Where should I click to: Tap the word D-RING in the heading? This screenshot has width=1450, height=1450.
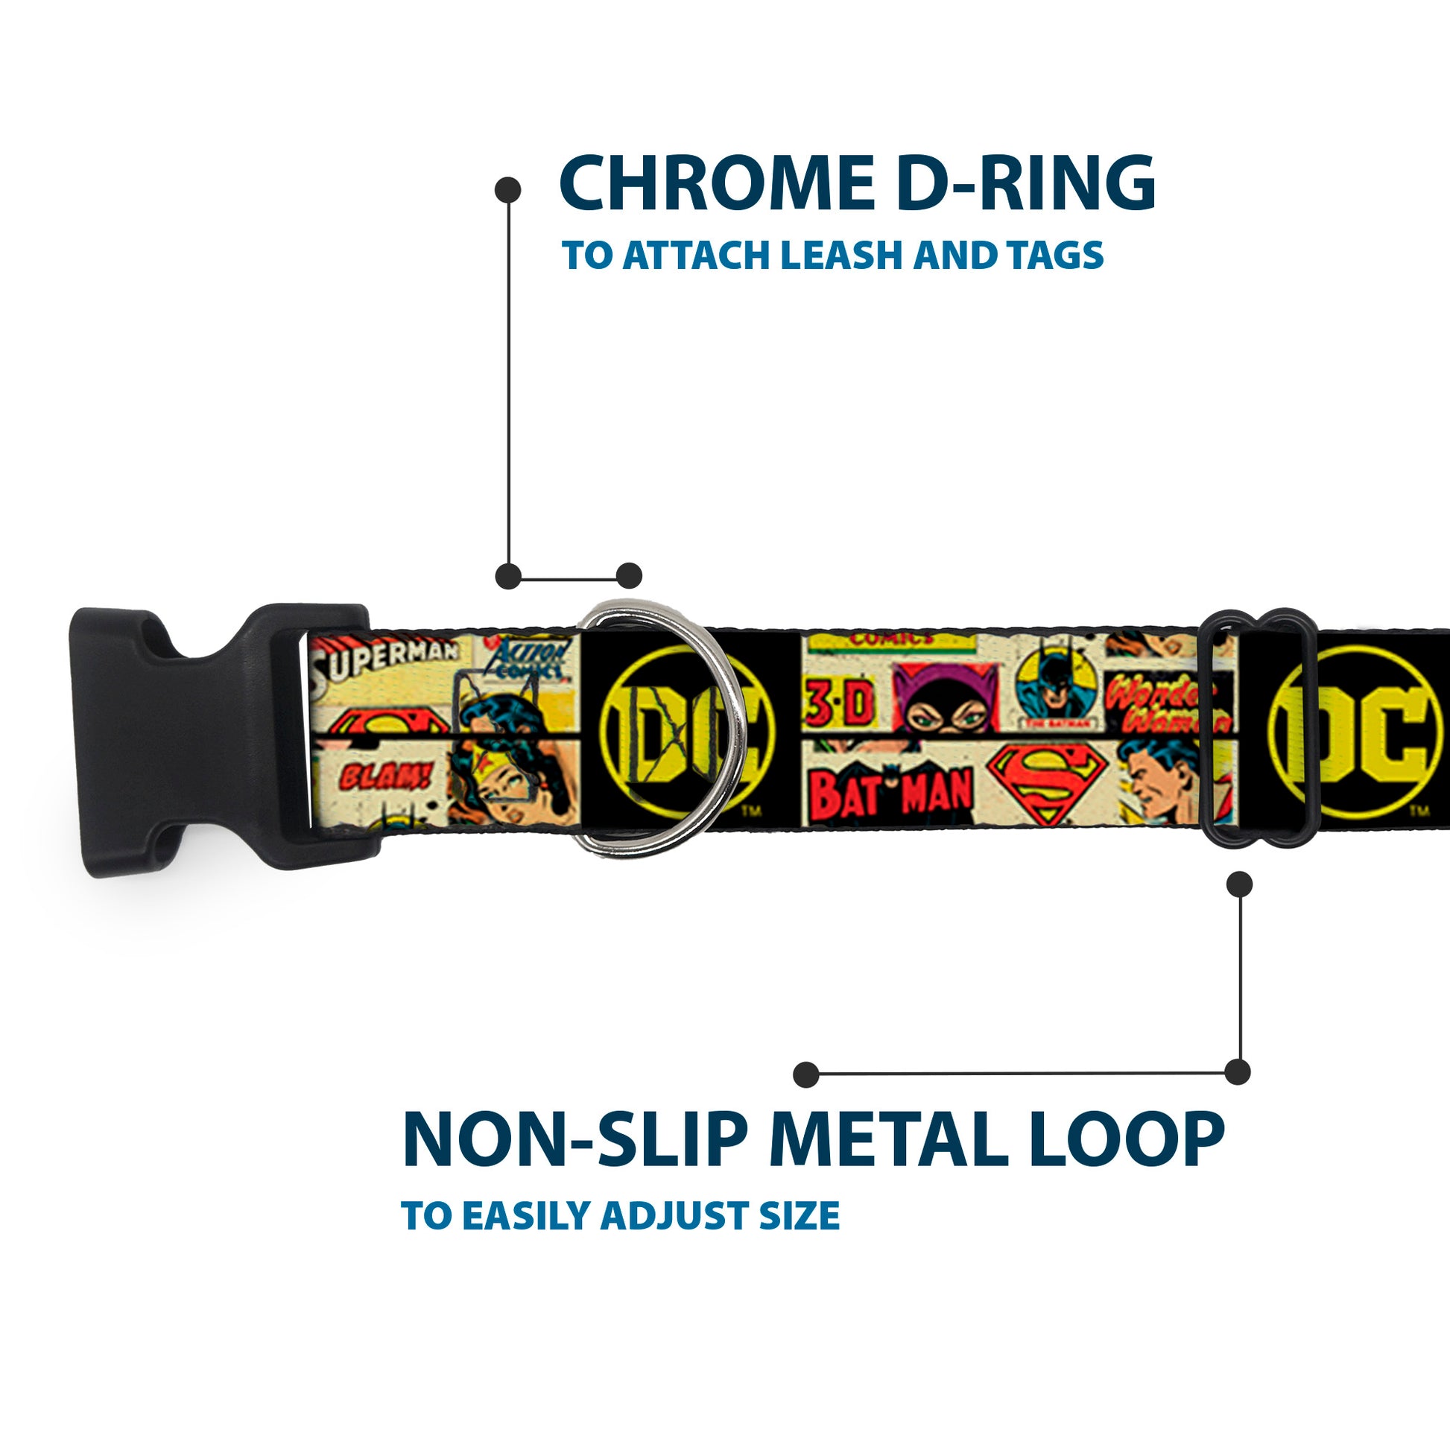coord(1025,184)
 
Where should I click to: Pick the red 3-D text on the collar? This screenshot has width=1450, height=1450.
coord(840,708)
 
